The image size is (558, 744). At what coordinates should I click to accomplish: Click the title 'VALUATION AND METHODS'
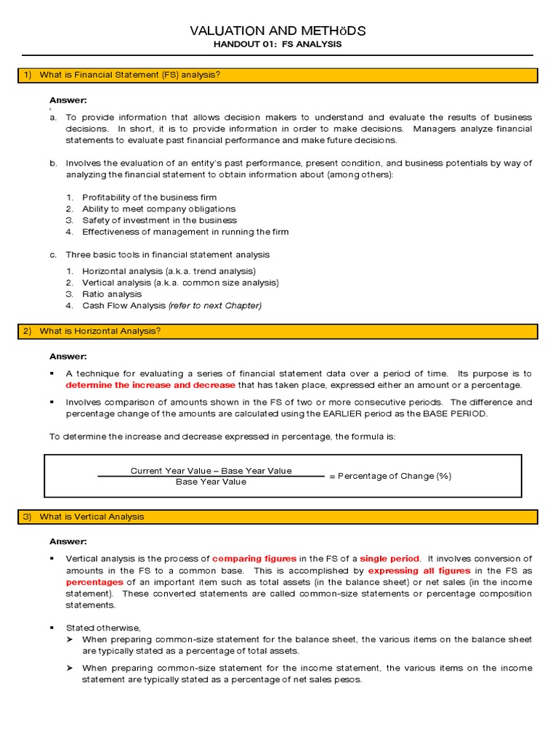(x=278, y=31)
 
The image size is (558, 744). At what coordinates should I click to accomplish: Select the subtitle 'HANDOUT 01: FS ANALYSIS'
(x=278, y=44)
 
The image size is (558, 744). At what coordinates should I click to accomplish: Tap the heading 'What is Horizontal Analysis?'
(x=100, y=331)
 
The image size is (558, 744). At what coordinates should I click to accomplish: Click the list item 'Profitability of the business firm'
(x=149, y=197)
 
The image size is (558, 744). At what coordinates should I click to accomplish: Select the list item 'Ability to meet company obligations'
(x=158, y=209)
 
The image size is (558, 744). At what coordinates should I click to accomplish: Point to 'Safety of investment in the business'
(x=159, y=220)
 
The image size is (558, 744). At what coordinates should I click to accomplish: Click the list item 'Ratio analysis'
(x=112, y=294)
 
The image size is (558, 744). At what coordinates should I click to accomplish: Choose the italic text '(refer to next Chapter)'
(x=214, y=306)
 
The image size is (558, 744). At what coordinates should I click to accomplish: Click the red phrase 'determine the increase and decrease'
(x=150, y=385)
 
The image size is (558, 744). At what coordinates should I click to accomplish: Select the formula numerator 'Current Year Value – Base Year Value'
(x=211, y=471)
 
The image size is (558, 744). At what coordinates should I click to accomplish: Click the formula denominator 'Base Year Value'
(x=211, y=482)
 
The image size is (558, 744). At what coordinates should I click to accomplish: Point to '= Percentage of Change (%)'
(x=389, y=476)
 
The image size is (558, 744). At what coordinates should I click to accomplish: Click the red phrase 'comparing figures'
(x=254, y=559)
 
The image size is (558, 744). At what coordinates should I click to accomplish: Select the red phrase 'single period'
(x=389, y=559)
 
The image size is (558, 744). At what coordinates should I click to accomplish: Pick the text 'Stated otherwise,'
(x=102, y=628)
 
